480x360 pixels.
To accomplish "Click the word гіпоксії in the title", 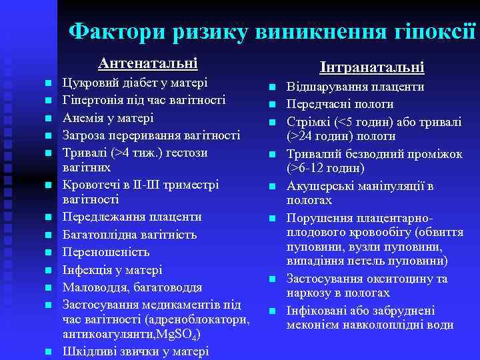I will pos(433,31).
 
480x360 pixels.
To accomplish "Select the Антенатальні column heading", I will pos(147,64).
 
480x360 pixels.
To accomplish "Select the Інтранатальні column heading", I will pos(371,67).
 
